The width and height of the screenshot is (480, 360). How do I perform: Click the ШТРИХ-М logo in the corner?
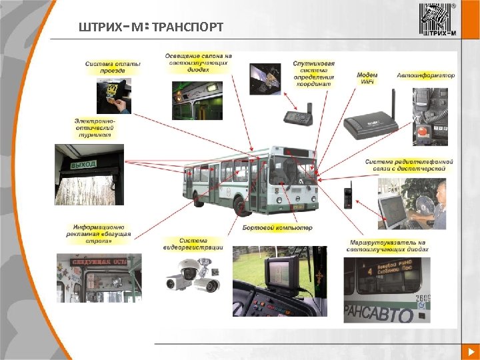(x=437, y=19)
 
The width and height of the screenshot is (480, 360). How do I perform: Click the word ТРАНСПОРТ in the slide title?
(x=187, y=27)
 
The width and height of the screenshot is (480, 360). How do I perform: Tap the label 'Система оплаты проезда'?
(x=113, y=67)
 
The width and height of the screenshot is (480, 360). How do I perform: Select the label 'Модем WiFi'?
(x=367, y=78)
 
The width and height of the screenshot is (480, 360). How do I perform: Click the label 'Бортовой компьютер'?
(x=277, y=228)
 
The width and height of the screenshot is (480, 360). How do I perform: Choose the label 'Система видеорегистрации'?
(x=193, y=244)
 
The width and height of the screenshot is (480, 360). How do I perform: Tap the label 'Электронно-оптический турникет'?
(x=95, y=128)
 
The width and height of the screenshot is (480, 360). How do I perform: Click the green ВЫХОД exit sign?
(x=84, y=163)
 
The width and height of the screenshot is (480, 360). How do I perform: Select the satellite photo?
(x=265, y=79)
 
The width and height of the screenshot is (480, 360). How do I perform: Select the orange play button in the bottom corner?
(x=469, y=351)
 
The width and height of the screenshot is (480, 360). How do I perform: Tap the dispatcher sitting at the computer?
(x=437, y=203)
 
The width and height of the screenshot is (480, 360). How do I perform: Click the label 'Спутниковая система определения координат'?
(x=313, y=75)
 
